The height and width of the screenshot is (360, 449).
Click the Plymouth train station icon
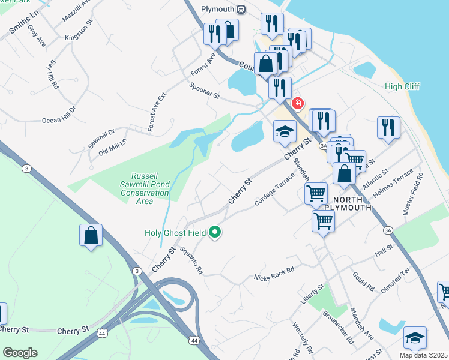point(241,9)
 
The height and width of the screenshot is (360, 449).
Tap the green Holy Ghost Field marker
point(214,233)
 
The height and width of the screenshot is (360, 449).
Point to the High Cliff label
point(402,86)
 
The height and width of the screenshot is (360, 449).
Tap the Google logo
point(20,353)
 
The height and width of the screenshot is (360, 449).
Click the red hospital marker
point(296,104)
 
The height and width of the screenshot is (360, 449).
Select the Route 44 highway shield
point(194,341)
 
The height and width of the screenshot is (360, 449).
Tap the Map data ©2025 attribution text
point(423,355)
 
